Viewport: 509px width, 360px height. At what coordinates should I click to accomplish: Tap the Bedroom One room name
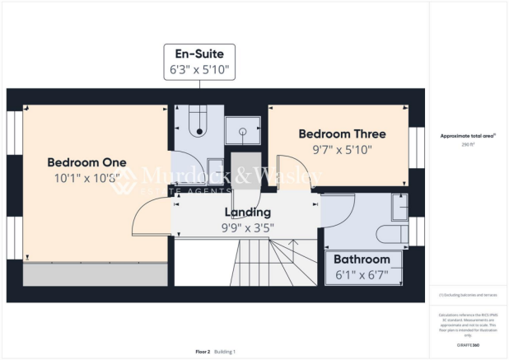(x=86, y=161)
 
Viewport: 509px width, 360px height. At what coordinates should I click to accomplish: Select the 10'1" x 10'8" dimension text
(x=86, y=177)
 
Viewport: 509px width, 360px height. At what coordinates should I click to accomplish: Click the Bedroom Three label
(x=342, y=133)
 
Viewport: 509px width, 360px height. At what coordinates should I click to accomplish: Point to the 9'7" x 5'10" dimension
(x=342, y=149)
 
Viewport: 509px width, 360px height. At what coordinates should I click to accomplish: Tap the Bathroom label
(x=368, y=259)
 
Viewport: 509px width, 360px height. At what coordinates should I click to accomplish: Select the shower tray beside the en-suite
(x=243, y=130)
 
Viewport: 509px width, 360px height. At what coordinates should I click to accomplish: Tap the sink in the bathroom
(x=399, y=210)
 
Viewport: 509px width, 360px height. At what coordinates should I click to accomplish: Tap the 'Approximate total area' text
(x=466, y=135)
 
